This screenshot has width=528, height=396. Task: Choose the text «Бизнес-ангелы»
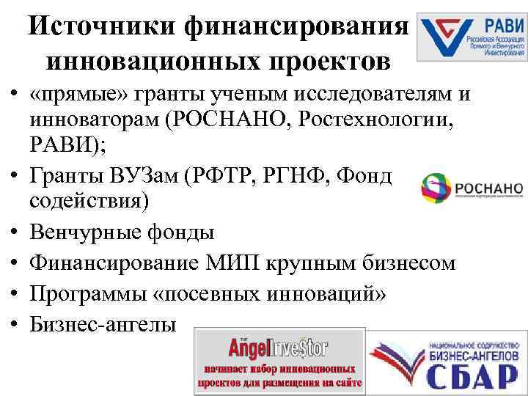103,323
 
